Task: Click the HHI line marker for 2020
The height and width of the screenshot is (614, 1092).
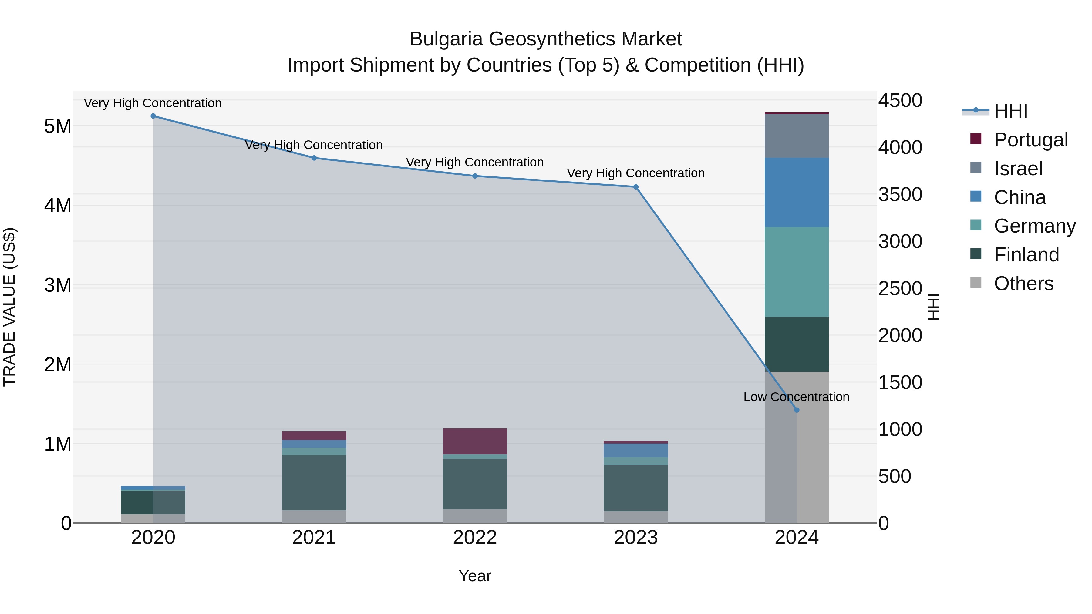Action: pyautogui.click(x=153, y=116)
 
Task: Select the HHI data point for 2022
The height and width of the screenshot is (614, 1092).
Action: pyautogui.click(x=475, y=176)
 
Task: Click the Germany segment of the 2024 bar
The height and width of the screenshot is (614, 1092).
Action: pyautogui.click(x=797, y=272)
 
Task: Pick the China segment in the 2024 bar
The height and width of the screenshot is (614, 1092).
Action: pyautogui.click(x=797, y=192)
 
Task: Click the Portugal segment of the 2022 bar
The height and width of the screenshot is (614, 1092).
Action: pyautogui.click(x=475, y=441)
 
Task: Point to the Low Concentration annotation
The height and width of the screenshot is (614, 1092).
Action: pyautogui.click(x=796, y=397)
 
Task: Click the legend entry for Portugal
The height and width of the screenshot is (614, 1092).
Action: pyautogui.click(x=1030, y=140)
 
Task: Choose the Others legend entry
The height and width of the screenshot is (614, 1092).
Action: pyautogui.click(x=1023, y=284)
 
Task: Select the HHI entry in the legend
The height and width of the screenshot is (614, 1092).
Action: pyautogui.click(x=1011, y=111)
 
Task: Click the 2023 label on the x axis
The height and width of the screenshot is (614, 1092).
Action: pyautogui.click(x=635, y=538)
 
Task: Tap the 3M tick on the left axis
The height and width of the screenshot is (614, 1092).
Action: pyautogui.click(x=58, y=285)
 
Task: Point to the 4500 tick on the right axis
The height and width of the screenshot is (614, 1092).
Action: pyautogui.click(x=900, y=101)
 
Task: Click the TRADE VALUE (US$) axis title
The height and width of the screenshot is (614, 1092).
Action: pyautogui.click(x=9, y=307)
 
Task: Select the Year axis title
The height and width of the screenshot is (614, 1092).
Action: pyautogui.click(x=475, y=576)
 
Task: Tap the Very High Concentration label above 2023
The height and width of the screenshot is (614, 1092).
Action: pyautogui.click(x=635, y=173)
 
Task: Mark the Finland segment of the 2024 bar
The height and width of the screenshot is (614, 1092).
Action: pyautogui.click(x=797, y=344)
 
